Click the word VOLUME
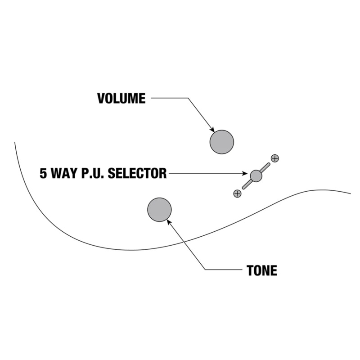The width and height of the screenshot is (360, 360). [x=121, y=98]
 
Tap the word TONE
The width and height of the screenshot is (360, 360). [x=262, y=270]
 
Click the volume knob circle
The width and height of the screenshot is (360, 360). [x=222, y=142]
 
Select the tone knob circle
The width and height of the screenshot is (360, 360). [x=159, y=210]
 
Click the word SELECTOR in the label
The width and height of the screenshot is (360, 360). [x=137, y=173]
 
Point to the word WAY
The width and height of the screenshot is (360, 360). [x=64, y=173]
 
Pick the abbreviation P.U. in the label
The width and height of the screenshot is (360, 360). [x=93, y=173]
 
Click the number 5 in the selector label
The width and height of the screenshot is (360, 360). [x=43, y=173]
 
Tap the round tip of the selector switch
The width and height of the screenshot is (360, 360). [x=256, y=176]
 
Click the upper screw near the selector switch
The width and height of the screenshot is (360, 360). [x=275, y=158]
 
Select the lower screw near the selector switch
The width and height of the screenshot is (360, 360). [x=237, y=193]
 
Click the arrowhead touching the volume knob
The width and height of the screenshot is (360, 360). [x=212, y=130]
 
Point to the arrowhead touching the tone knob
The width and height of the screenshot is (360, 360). [x=169, y=222]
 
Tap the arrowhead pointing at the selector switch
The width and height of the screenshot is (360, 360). [x=245, y=173]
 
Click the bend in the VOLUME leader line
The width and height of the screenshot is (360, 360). [x=188, y=98]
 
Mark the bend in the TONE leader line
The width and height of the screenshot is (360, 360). [x=205, y=270]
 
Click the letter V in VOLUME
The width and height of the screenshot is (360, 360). [x=101, y=98]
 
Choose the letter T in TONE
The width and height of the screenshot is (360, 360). [x=250, y=270]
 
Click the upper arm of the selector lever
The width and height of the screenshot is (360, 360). [x=265, y=167]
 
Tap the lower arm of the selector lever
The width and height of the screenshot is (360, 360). [x=247, y=184]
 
